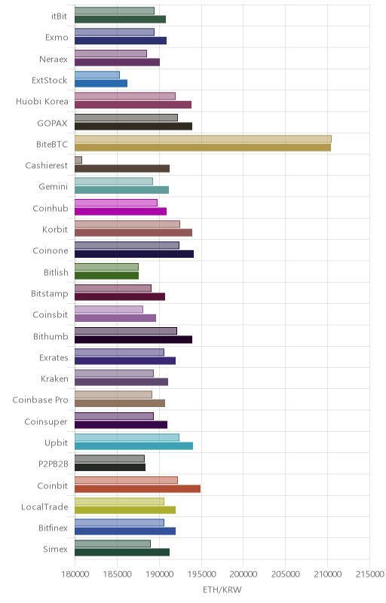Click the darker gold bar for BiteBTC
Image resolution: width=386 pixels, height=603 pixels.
coord(203,147)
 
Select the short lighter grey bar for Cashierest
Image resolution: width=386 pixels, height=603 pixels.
coord(78,160)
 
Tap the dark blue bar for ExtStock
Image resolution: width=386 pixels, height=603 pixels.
coord(101,84)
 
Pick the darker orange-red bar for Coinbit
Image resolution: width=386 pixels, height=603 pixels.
coord(137,488)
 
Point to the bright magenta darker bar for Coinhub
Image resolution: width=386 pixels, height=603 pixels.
coord(121,211)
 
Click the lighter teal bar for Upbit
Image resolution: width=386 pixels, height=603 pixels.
coord(127,437)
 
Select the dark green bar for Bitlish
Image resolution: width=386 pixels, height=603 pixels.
coord(106,275)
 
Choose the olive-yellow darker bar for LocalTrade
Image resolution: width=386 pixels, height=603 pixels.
coord(125,510)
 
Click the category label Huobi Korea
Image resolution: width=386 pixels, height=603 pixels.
coord(42,102)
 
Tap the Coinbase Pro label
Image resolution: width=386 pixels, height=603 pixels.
coord(40,400)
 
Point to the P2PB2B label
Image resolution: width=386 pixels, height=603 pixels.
coord(53,464)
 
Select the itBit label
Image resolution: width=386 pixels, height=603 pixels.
coord(59,16)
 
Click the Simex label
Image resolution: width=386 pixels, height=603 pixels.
coord(55,549)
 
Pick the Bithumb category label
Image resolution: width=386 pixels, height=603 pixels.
coord(51,336)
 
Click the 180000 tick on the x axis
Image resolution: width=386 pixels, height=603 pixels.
coord(75,574)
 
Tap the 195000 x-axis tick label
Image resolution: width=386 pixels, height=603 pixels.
coord(201,574)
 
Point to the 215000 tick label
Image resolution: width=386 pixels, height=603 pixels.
coord(370,574)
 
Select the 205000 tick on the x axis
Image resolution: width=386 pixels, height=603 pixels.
coord(285,574)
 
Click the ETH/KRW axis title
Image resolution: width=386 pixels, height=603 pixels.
coord(222,590)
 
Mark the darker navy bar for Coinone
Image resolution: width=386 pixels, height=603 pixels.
coord(134,254)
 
